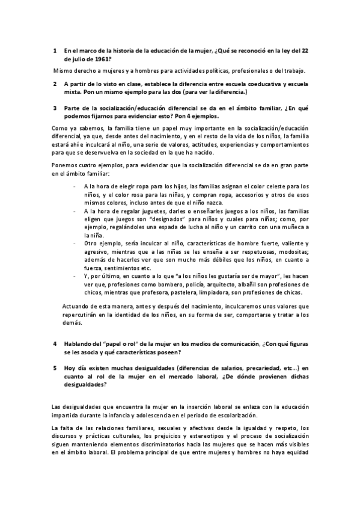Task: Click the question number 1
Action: tap(55, 51)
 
